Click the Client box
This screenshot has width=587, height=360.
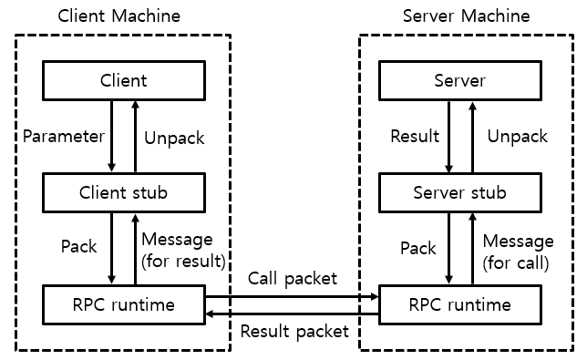click(123, 81)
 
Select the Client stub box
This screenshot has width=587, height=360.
click(123, 192)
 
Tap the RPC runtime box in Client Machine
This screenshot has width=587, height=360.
click(123, 304)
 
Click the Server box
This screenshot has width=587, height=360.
click(460, 81)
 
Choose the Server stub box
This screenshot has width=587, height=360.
click(460, 192)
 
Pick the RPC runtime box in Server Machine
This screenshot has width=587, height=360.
click(460, 304)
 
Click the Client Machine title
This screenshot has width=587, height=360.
click(118, 16)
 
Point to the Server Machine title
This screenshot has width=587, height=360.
click(465, 16)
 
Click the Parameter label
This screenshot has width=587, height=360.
click(64, 137)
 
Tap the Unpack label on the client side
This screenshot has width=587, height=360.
click(175, 139)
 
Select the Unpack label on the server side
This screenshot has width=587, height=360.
click(517, 137)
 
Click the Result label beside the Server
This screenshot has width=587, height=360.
click(415, 137)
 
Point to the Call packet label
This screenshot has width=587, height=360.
click(292, 279)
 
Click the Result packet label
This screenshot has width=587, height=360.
click(293, 331)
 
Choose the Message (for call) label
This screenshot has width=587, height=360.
click(517, 252)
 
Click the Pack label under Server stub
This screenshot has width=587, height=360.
click(417, 248)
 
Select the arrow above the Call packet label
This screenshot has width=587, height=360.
click(292, 296)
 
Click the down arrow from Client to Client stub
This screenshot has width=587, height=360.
click(111, 137)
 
